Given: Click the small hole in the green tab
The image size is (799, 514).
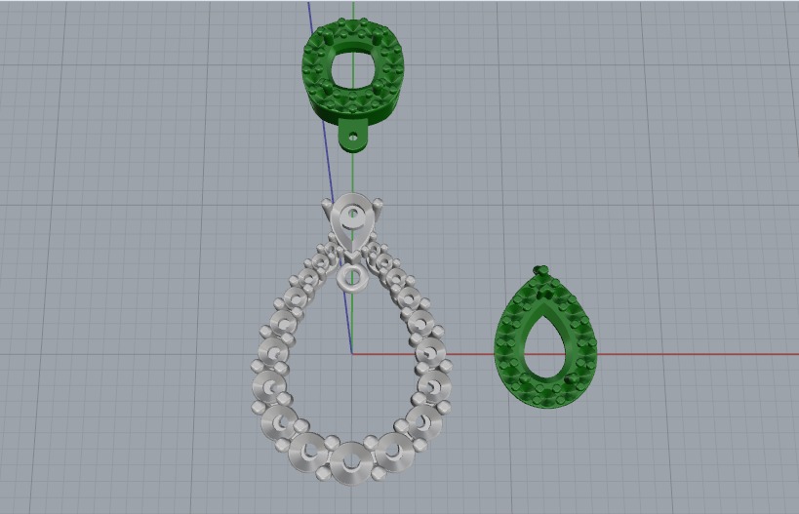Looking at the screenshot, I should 353,139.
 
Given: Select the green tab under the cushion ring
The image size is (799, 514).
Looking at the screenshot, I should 354,136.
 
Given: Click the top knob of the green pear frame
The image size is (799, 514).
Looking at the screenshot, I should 539,270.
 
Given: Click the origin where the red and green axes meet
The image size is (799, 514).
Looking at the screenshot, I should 352,353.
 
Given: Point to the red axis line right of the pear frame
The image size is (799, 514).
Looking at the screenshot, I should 683,353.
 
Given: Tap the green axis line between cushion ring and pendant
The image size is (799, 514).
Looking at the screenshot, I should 352,176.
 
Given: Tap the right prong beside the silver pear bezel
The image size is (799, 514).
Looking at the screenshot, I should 377,204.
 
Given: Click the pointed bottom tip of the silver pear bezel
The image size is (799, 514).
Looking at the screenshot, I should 349,250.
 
